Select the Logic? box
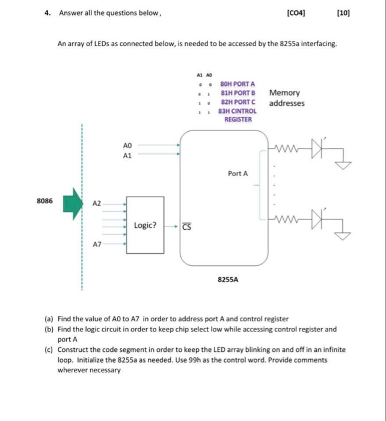(145, 226)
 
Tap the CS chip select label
(186, 227)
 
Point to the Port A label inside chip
(237, 174)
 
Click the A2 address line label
(96, 204)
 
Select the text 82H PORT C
(238, 102)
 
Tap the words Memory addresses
(286, 98)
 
